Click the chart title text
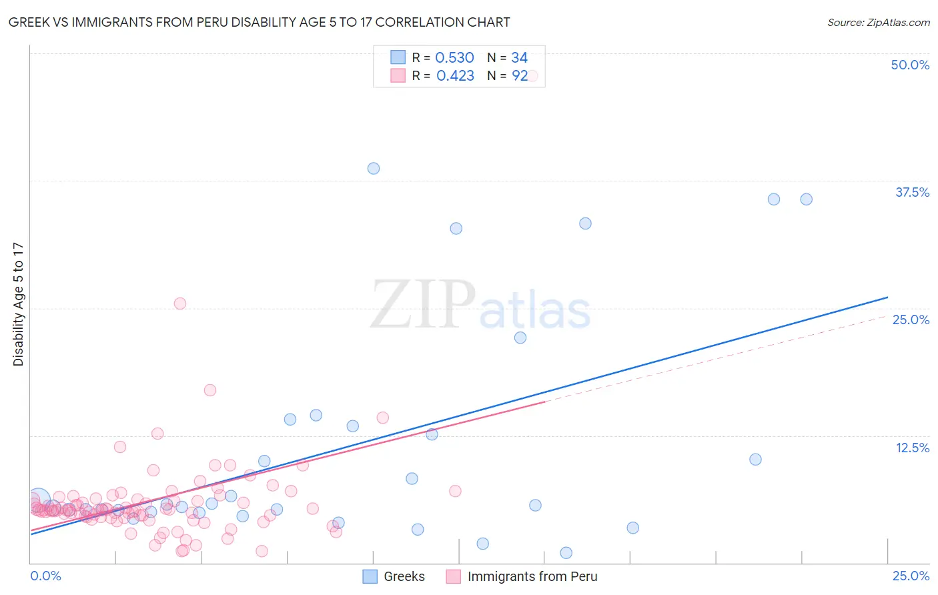[259, 23]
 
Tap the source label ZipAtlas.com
[878, 23]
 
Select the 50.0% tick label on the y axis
[910, 65]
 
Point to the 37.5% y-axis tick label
[912, 192]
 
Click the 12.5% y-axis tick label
[912, 448]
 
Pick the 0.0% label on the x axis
[45, 576]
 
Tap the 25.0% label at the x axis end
[911, 576]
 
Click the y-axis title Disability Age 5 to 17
[19, 304]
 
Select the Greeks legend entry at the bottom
[394, 576]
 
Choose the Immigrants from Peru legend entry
[522, 576]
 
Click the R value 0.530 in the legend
[454, 58]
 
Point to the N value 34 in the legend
[519, 58]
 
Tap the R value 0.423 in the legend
[455, 76]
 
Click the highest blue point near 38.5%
[374, 169]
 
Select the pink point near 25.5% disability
[179, 304]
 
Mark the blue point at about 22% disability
[520, 338]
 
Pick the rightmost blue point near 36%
[806, 199]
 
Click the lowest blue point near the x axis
[566, 553]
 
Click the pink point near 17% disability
[210, 390]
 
